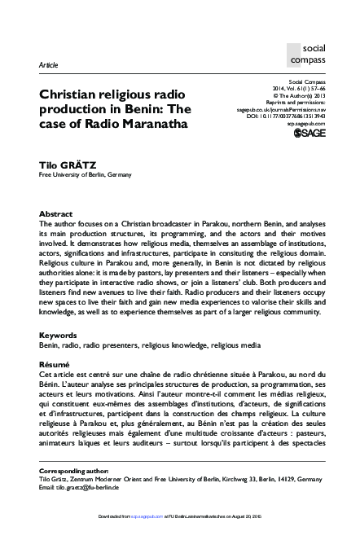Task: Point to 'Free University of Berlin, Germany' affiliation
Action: pos(86,174)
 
